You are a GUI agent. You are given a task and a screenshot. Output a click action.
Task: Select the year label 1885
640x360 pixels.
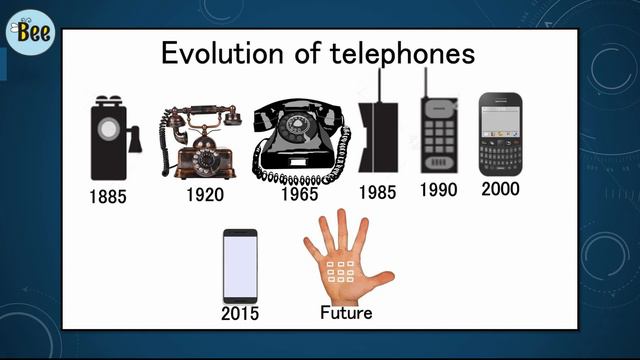[107, 197]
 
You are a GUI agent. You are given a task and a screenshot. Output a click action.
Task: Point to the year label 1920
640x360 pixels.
[204, 194]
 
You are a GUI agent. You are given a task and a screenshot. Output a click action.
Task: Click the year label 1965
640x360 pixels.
[299, 194]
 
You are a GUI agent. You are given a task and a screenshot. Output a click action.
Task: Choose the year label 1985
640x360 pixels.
[377, 192]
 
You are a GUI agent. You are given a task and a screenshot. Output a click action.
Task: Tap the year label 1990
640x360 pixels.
[439, 189]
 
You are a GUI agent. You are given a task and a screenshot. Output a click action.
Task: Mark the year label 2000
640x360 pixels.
[500, 188]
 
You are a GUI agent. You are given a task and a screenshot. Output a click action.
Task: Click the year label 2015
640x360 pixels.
[239, 314]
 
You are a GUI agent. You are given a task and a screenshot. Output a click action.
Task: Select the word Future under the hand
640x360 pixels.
[346, 313]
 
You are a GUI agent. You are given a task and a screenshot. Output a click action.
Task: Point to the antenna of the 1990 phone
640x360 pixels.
[427, 82]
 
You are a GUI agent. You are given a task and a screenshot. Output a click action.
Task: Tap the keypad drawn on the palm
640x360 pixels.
[342, 270]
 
